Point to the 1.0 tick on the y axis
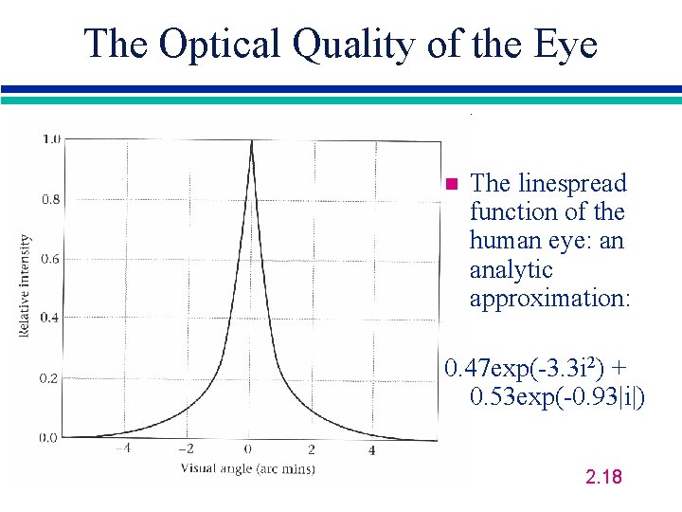50,138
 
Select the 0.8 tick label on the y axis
50,199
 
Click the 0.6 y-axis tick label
50,259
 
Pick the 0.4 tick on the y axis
50,318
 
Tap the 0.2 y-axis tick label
50,378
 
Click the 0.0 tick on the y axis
50,437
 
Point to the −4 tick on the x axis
123,449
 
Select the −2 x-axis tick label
187,449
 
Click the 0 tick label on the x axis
249,449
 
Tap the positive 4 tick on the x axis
371,450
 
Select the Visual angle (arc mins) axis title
248,468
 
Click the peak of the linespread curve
251,141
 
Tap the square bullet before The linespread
451,183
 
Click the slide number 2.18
604,476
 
